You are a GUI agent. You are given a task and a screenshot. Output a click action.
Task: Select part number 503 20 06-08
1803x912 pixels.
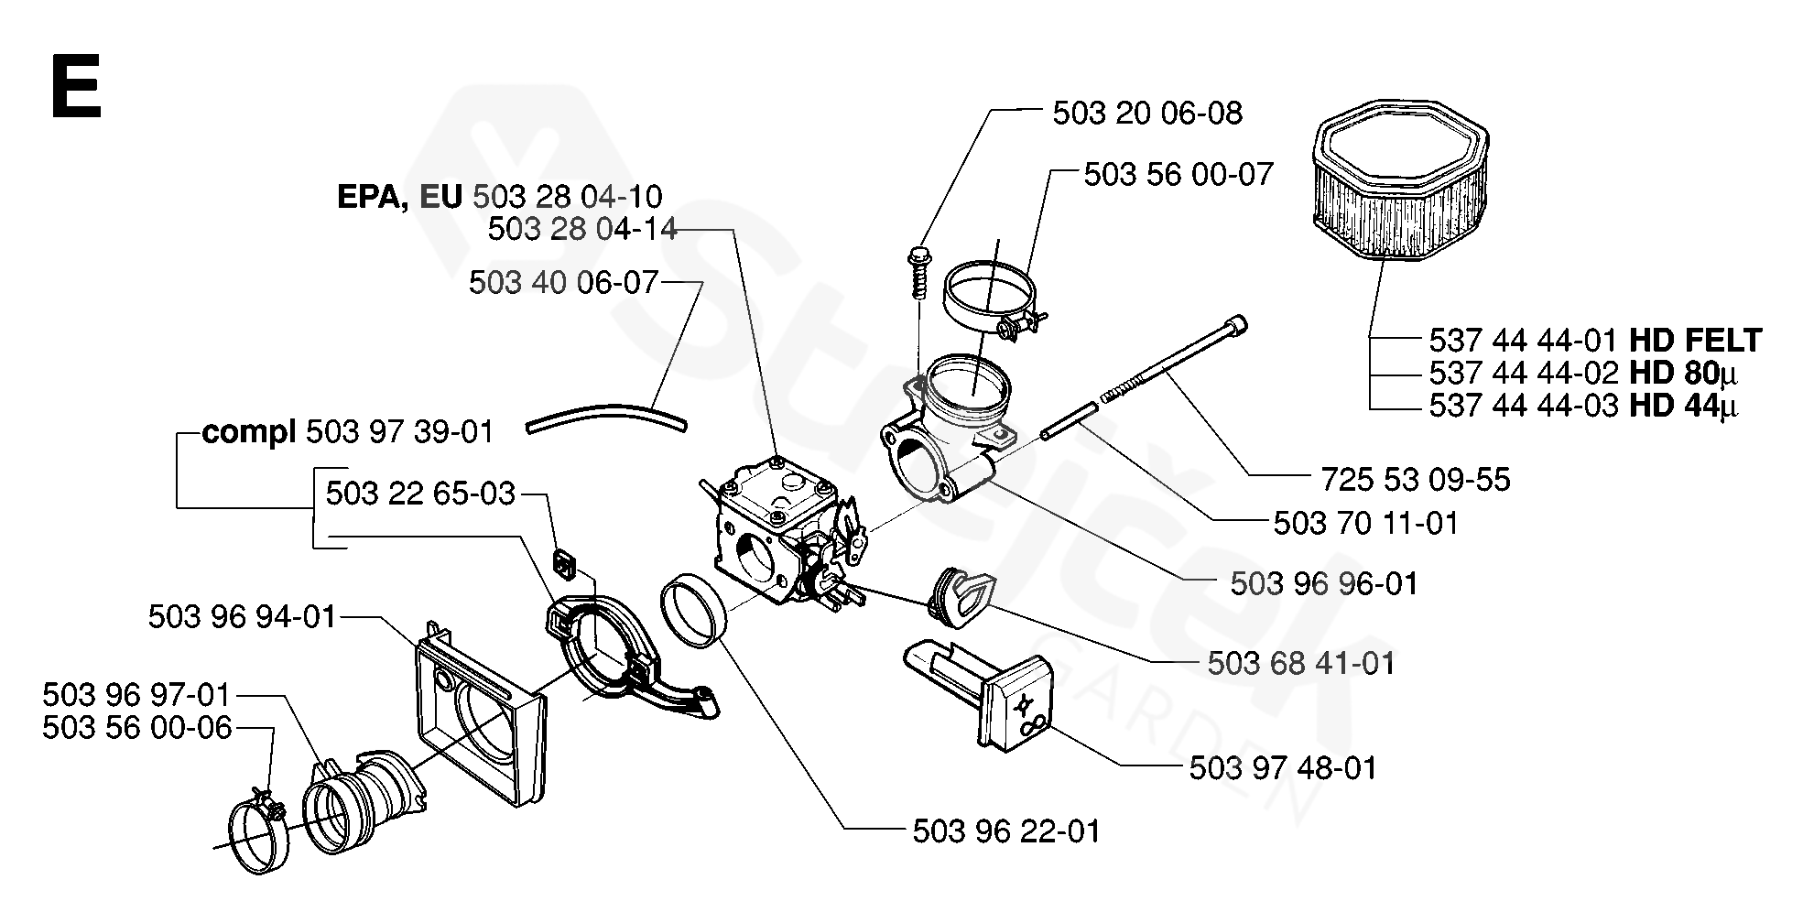pyautogui.click(x=1146, y=113)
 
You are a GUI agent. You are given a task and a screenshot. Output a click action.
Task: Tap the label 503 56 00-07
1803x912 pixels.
pyautogui.click(x=1178, y=174)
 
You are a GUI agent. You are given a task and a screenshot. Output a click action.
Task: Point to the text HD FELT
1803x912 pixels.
pyautogui.click(x=1695, y=341)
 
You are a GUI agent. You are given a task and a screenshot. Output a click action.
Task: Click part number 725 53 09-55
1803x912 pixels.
pyautogui.click(x=1415, y=479)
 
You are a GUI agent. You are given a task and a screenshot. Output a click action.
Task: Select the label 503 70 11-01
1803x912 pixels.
pyautogui.click(x=1365, y=523)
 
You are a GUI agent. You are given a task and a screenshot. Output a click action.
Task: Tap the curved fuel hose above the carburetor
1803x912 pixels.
pyautogui.click(x=607, y=418)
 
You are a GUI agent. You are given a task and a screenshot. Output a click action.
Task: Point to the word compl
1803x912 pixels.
pyautogui.click(x=248, y=431)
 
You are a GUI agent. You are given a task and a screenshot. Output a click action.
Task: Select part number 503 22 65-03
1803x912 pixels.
pyautogui.click(x=420, y=494)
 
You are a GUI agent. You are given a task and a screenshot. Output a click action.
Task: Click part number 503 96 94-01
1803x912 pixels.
pyautogui.click(x=243, y=616)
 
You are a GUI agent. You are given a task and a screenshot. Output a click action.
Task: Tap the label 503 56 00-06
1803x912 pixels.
pyautogui.click(x=137, y=728)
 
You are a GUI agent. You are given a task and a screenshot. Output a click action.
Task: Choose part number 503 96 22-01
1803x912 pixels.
pyautogui.click(x=1005, y=831)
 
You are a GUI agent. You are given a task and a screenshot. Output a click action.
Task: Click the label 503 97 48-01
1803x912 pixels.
pyautogui.click(x=1282, y=767)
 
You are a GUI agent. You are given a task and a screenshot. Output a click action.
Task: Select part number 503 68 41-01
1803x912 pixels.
pyautogui.click(x=1300, y=662)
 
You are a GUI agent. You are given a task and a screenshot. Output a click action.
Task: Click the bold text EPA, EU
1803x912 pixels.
pyautogui.click(x=400, y=197)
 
